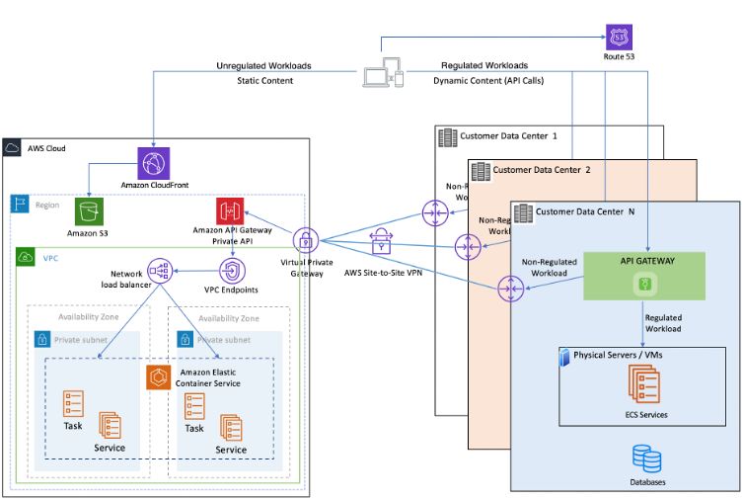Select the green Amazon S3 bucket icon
[89, 211]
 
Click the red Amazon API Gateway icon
[231, 211]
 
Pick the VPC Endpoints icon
[231, 270]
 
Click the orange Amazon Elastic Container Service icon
[159, 376]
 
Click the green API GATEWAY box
[644, 275]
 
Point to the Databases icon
[646, 458]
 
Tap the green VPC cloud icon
[24, 256]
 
